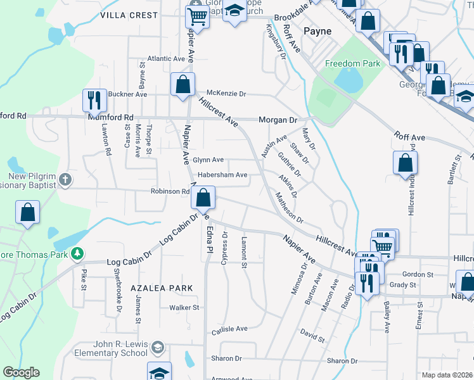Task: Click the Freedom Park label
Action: click(x=352, y=63)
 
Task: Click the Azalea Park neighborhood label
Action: click(x=162, y=288)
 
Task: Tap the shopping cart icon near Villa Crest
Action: click(x=198, y=17)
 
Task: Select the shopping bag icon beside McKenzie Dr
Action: click(x=183, y=84)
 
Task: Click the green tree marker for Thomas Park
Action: click(x=77, y=253)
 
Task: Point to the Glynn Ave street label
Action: click(x=208, y=160)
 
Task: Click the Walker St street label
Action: click(x=184, y=308)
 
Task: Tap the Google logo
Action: click(x=21, y=372)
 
